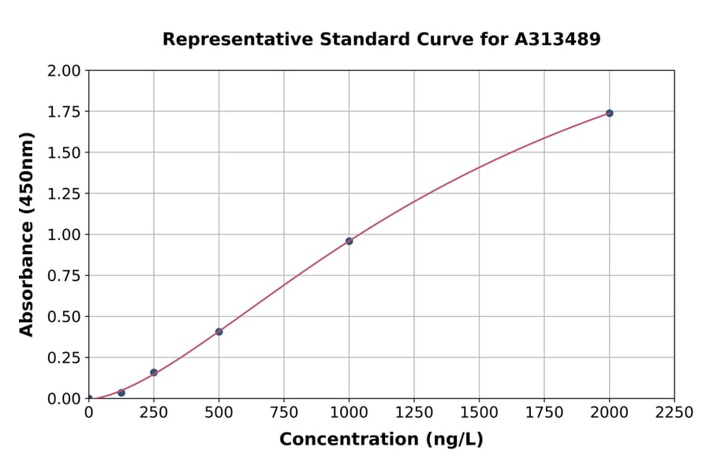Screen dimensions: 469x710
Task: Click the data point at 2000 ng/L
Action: [609, 113]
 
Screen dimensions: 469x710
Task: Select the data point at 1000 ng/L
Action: [349, 241]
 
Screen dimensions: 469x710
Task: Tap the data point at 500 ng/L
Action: [219, 332]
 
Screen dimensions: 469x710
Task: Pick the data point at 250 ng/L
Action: [154, 373]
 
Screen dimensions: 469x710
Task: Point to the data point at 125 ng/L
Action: [121, 392]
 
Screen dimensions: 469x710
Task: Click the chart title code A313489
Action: [559, 39]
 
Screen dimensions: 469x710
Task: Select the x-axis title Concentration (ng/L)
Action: [381, 440]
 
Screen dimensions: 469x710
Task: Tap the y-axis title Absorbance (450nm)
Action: [27, 234]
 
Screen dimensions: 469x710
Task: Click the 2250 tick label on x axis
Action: [674, 413]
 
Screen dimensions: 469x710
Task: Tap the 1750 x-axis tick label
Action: [544, 413]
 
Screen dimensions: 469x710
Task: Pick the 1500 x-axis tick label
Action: [479, 413]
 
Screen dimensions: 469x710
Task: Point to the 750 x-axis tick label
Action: [284, 413]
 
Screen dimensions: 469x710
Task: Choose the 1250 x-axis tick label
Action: [413, 413]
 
